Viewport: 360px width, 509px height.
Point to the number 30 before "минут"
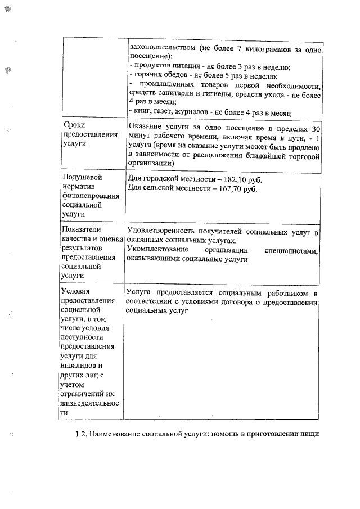tap(316, 128)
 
